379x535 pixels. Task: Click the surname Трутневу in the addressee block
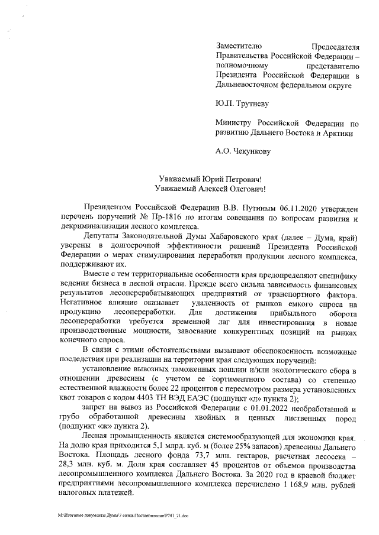pos(253,105)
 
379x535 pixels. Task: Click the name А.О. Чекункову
pos(243,151)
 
